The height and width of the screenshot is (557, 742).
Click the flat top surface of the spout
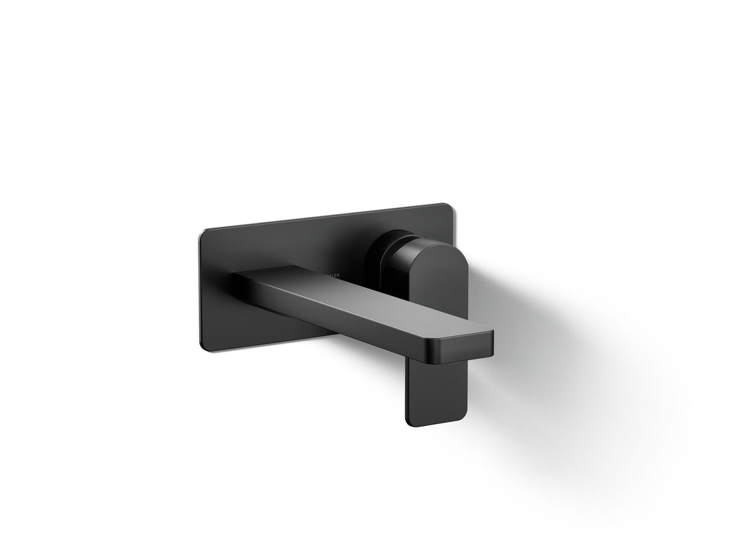(359, 303)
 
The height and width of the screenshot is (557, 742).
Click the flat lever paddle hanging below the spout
(427, 391)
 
